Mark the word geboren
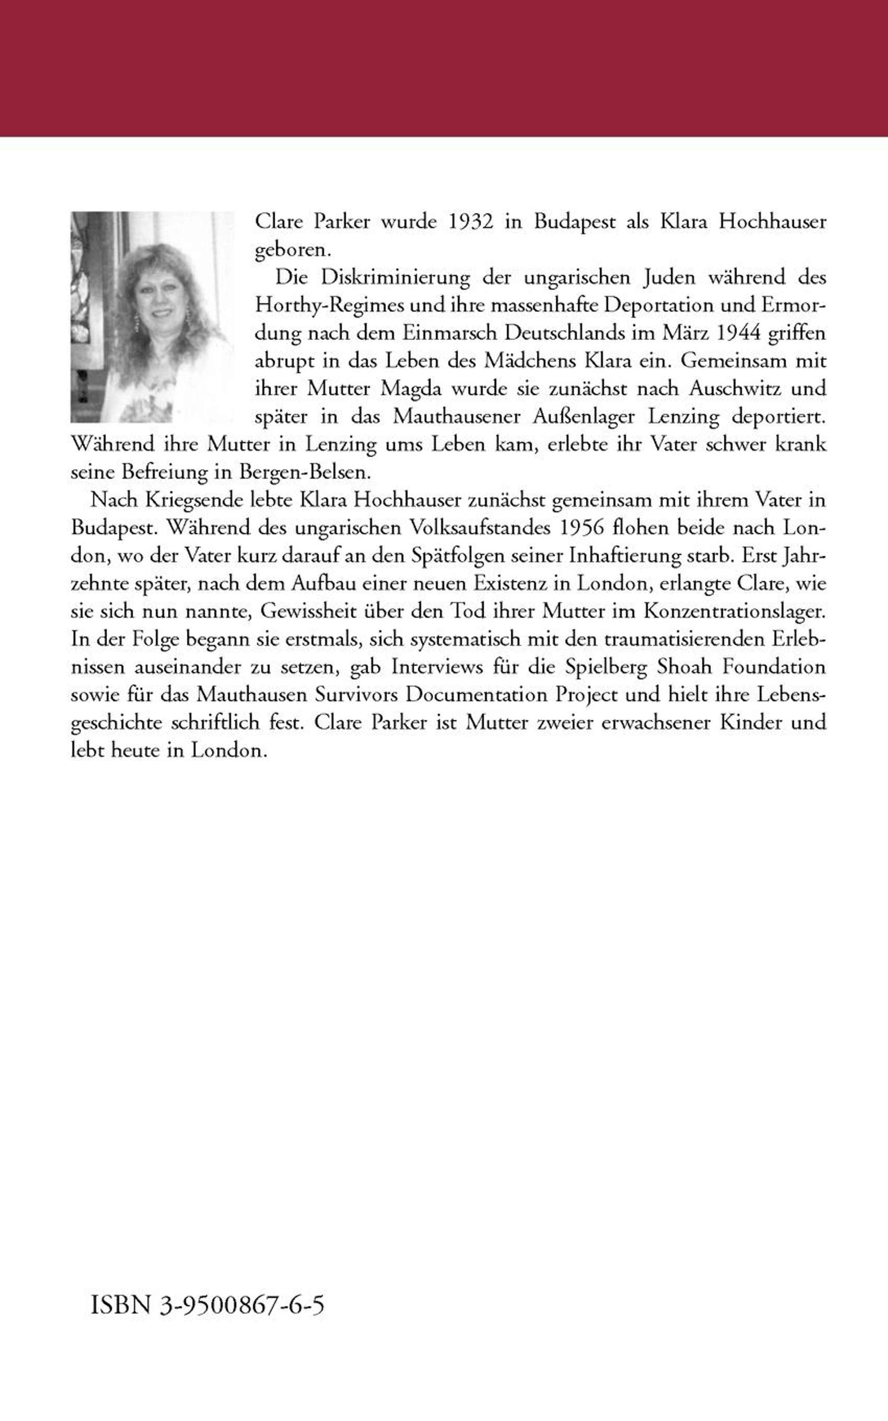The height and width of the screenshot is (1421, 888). coord(292,250)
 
